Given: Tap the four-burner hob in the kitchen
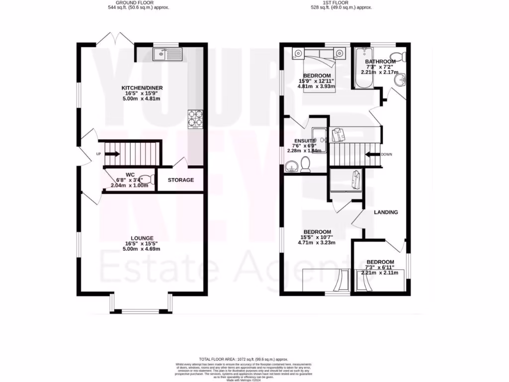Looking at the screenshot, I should pos(195,118).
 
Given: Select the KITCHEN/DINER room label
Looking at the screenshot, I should pos(142,88).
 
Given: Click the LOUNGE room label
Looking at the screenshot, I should pos(142,238).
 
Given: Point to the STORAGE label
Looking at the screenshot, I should pos(180,180).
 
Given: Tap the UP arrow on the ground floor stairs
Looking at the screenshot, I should pos(112,154).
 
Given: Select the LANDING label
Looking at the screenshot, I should pos(386,212).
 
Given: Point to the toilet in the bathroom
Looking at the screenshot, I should pos(399,55).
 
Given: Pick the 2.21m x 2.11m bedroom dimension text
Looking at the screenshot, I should pos(380,273).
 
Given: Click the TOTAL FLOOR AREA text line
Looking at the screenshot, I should pos(244,359).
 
